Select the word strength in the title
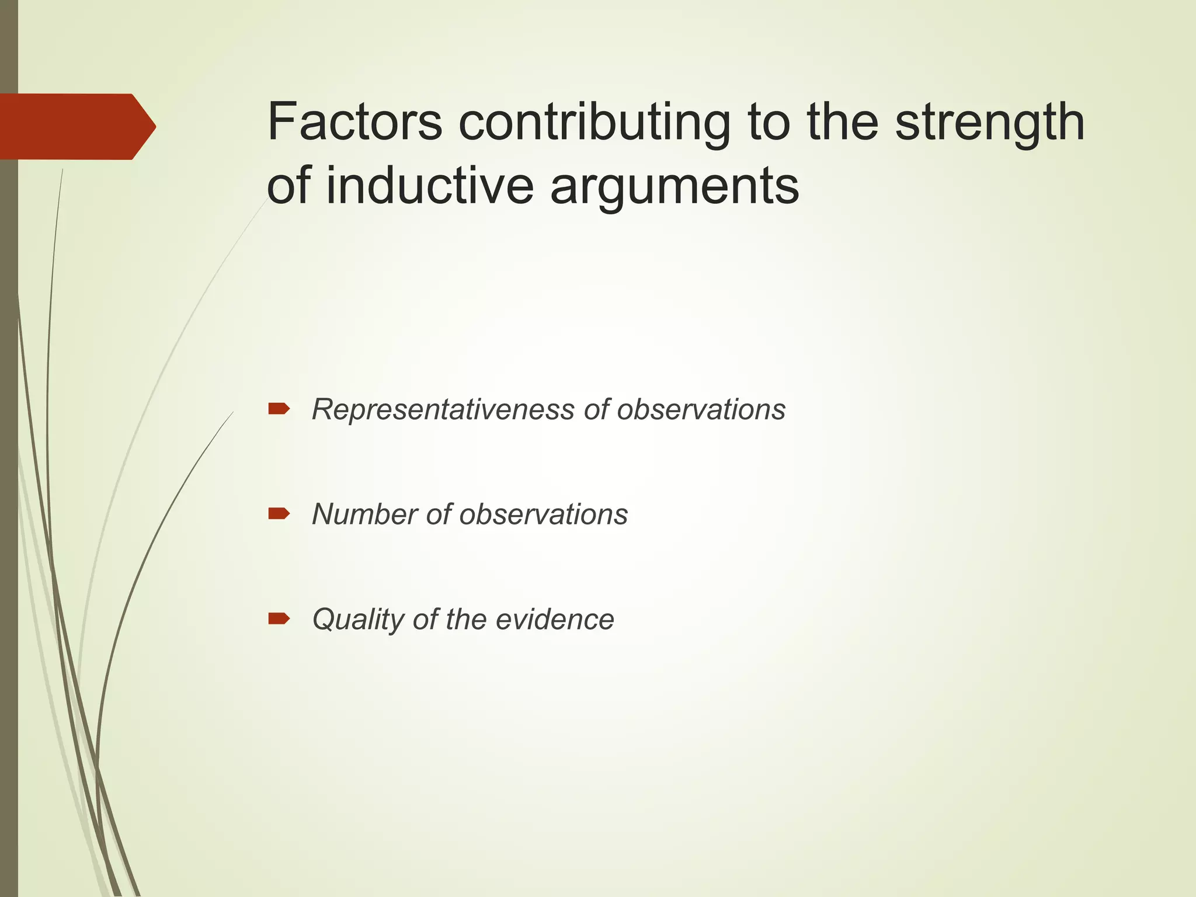[989, 123]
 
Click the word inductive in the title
[429, 186]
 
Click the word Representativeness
[443, 409]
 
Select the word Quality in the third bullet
[357, 620]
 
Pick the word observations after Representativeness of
[701, 409]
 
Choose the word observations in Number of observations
[543, 514]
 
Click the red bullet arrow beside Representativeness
[279, 409]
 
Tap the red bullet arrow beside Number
[279, 514]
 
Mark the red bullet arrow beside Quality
[279, 619]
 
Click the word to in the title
[769, 123]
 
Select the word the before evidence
[466, 620]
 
